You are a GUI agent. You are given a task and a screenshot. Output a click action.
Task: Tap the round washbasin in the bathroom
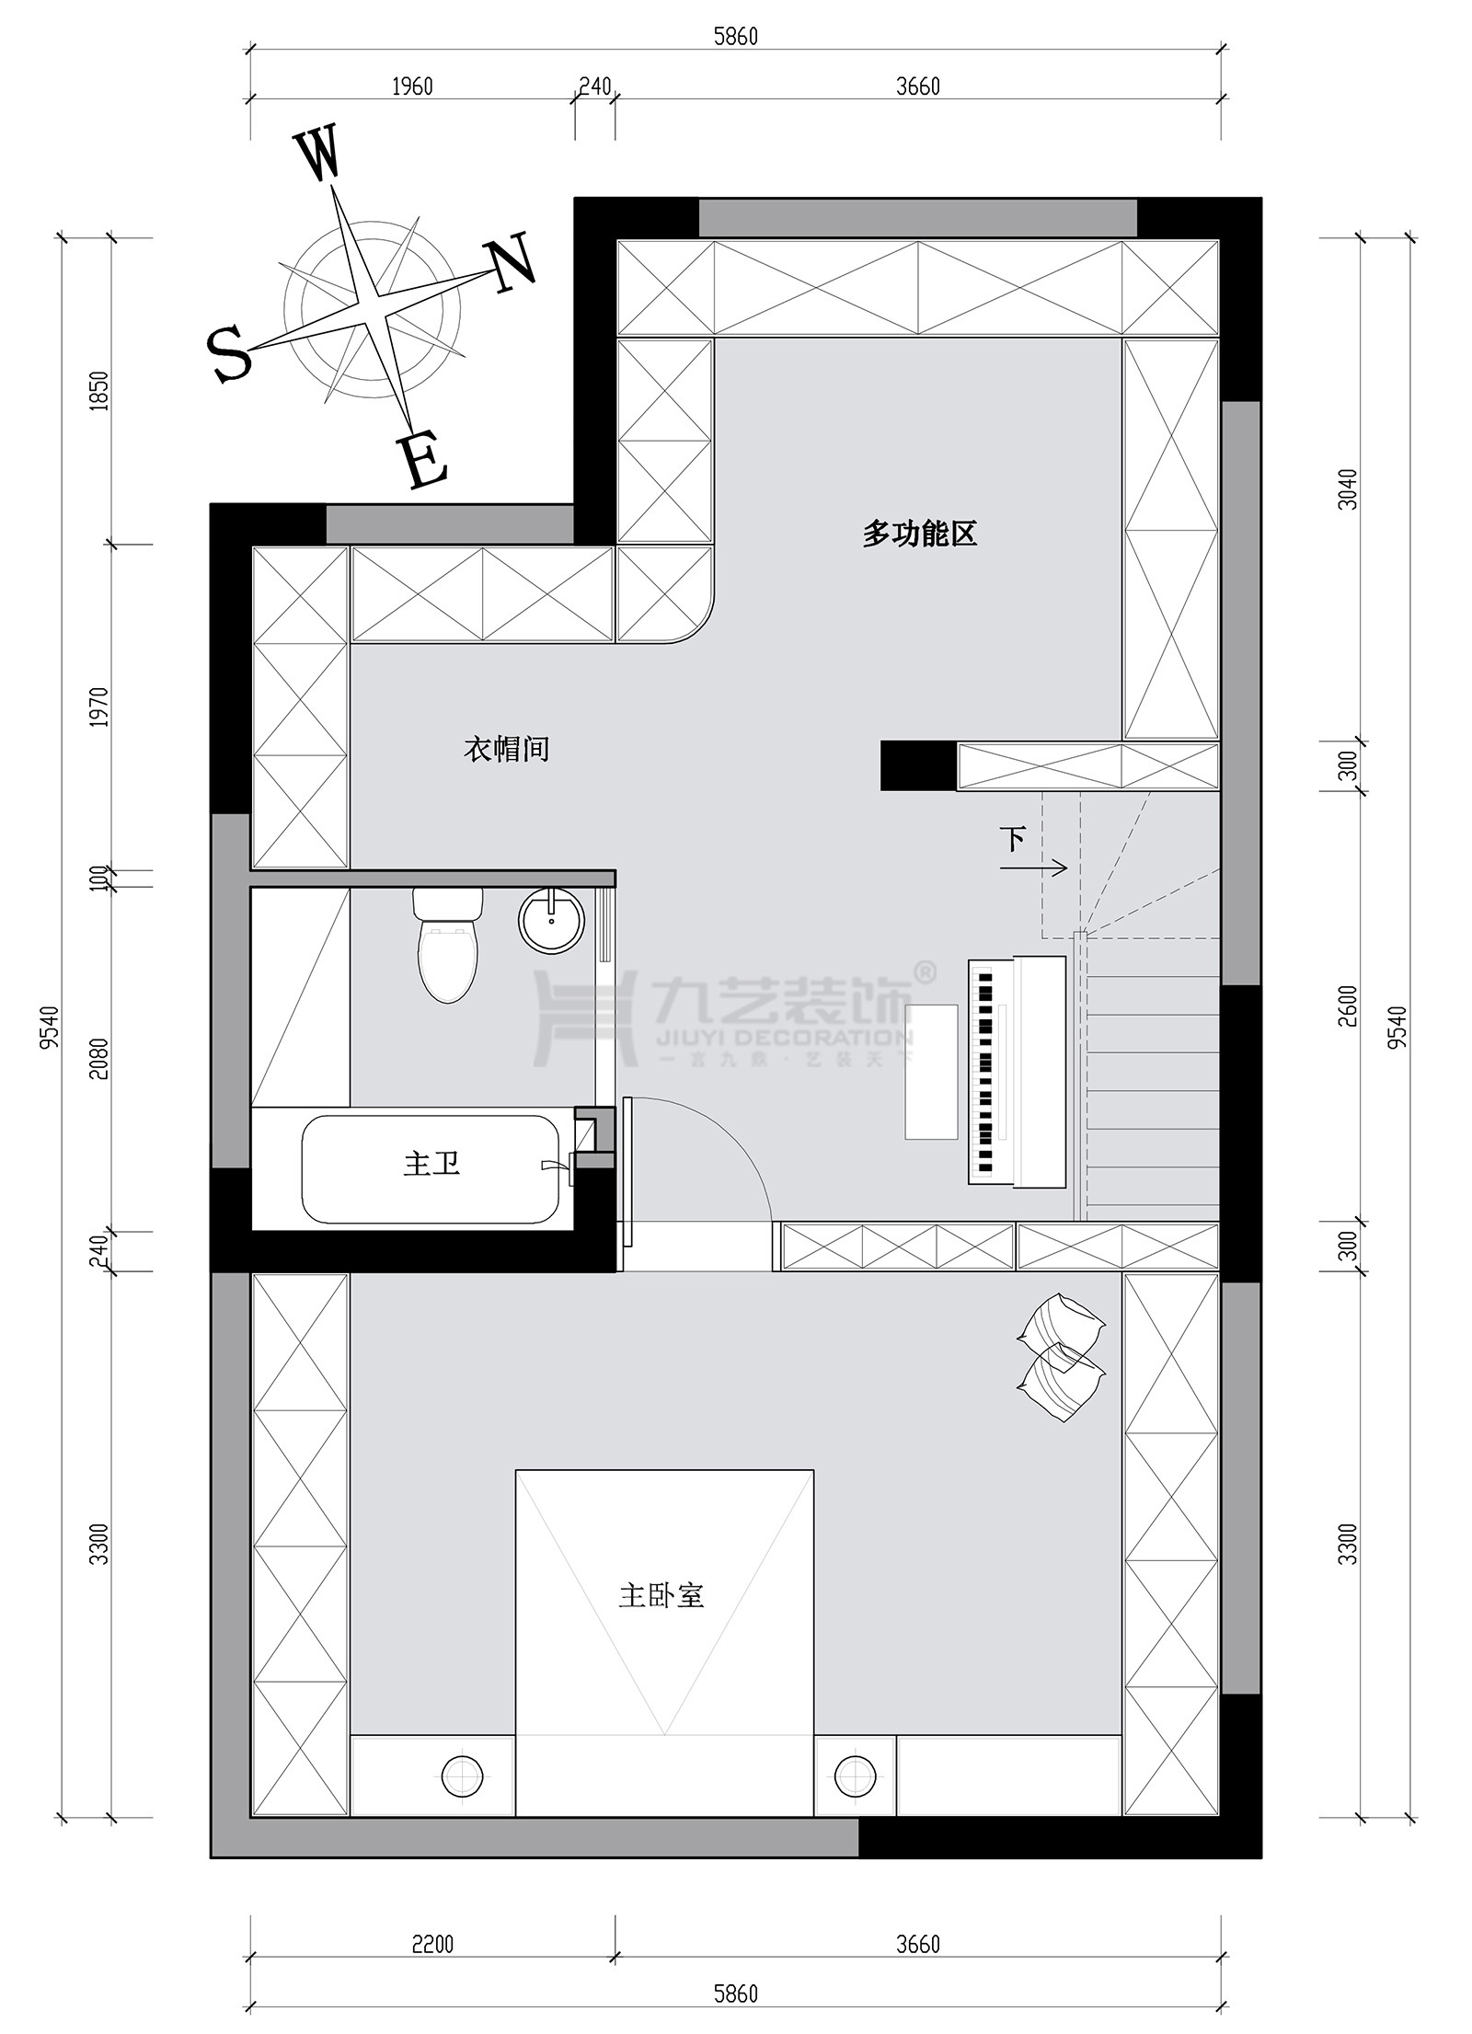(551, 920)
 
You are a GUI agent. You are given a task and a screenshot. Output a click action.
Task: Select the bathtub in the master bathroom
(431, 1169)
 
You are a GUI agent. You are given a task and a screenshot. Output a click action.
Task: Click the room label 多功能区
(918, 533)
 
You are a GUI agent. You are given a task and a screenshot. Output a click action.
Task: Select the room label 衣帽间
(506, 749)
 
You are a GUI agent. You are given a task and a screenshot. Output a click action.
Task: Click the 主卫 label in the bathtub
(431, 1165)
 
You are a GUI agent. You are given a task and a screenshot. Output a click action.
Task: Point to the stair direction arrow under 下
(1046, 867)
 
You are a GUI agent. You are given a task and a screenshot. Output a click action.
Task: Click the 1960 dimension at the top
(411, 86)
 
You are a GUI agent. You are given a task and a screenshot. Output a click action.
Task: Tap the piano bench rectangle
(931, 1072)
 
